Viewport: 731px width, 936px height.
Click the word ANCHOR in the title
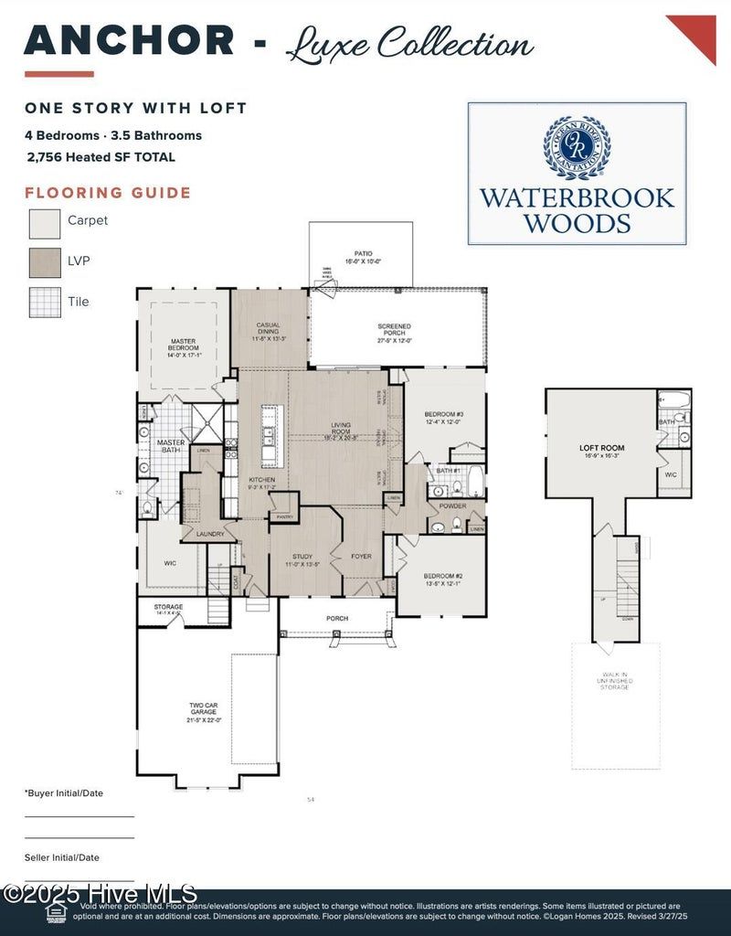129,41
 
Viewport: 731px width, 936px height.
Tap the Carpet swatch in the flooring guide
45,223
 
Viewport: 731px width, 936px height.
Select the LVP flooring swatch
45,262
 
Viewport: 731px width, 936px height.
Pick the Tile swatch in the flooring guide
45,302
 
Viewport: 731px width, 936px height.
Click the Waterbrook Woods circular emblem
577,147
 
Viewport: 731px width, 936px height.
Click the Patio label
363,257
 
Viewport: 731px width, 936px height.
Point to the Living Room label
341,429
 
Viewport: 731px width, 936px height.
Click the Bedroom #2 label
443,580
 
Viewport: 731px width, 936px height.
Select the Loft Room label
601,452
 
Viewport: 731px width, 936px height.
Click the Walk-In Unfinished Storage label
615,681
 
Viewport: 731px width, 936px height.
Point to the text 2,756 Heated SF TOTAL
101,157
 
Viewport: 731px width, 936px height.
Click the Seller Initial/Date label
62,857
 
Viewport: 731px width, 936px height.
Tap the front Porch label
337,619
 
